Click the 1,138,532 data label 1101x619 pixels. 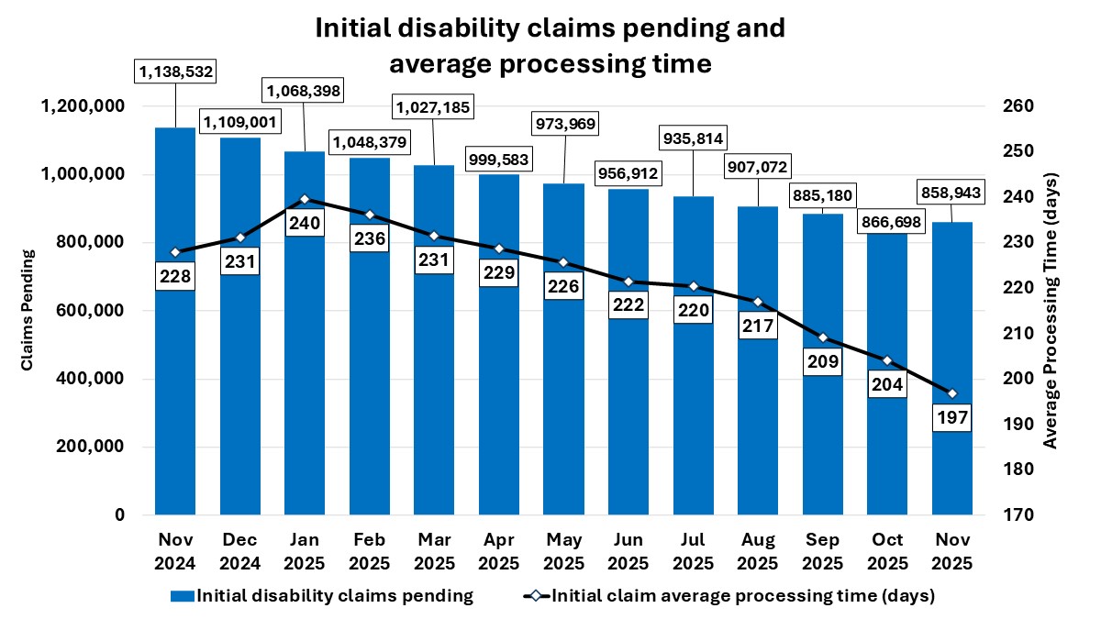174,70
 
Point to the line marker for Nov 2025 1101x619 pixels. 951,393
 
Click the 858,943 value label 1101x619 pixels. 951,194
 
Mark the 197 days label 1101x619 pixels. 951,417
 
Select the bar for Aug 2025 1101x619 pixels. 757,413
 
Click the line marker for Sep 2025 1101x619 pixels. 822,337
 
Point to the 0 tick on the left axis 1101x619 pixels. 120,515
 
